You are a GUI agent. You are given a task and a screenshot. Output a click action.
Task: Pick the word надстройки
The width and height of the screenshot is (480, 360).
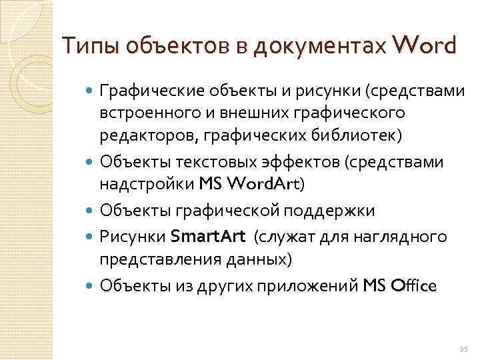147,183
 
